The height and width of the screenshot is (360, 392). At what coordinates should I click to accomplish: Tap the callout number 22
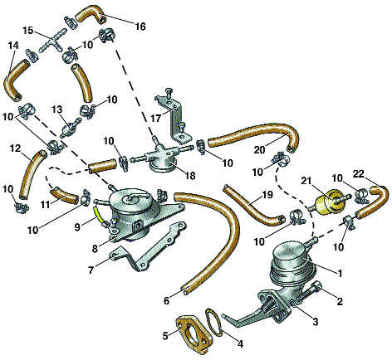pos(359,174)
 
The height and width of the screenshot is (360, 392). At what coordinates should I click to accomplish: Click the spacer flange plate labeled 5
pos(194,334)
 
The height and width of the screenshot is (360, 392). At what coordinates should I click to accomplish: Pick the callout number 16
pos(140,27)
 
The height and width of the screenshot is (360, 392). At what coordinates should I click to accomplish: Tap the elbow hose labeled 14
pos(15,80)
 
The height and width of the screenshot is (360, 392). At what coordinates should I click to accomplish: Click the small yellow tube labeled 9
pos(98,214)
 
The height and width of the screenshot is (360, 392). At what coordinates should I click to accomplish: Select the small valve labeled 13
pos(69,127)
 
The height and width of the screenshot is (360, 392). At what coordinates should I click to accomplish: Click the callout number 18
pos(189,176)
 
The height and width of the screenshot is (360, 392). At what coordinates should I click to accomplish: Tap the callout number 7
pos(91,270)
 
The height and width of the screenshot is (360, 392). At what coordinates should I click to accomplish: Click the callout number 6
pos(166,300)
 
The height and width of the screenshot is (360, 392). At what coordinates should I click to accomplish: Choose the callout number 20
pos(259,149)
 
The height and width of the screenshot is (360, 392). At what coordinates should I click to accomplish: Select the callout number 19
pos(267,195)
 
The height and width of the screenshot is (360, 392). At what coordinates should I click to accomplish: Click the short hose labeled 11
pos(64,196)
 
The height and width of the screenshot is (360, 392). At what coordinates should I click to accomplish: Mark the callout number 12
pos(15,148)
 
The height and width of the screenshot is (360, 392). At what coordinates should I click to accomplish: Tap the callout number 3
pos(316,321)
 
